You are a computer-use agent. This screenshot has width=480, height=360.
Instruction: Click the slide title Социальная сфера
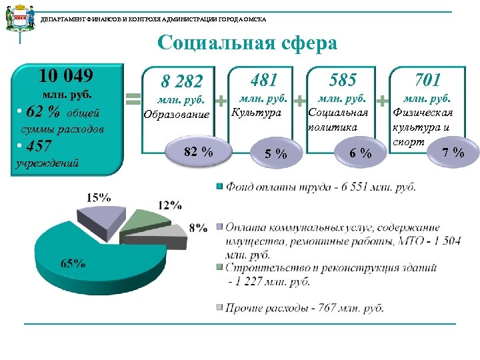click(247, 44)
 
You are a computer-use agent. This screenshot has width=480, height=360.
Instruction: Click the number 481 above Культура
click(265, 80)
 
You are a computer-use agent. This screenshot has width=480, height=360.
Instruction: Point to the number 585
click(343, 80)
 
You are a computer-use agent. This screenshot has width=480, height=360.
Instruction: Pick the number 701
click(428, 80)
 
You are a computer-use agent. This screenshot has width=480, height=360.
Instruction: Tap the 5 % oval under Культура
click(275, 155)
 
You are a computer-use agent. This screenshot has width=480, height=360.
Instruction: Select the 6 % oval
click(360, 154)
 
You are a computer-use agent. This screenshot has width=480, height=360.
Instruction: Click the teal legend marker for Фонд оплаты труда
click(219, 187)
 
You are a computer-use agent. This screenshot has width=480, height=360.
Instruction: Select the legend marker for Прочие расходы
click(219, 307)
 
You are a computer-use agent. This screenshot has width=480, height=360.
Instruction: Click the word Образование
click(177, 114)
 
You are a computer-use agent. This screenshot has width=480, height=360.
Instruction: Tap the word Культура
click(257, 112)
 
